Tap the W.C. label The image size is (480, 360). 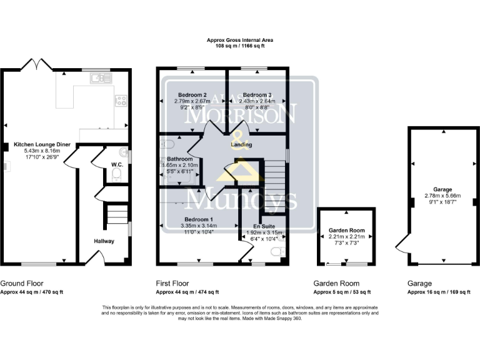[116, 165]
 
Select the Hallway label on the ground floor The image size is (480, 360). [104, 241]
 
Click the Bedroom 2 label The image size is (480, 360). [191, 94]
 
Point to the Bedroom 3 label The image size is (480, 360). [256, 94]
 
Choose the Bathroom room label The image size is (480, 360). [179, 159]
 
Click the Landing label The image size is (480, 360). [241, 145]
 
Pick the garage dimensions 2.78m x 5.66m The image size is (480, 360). [442, 195]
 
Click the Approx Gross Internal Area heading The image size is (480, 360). [240, 40]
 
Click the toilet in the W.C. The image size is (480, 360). [116, 177]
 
